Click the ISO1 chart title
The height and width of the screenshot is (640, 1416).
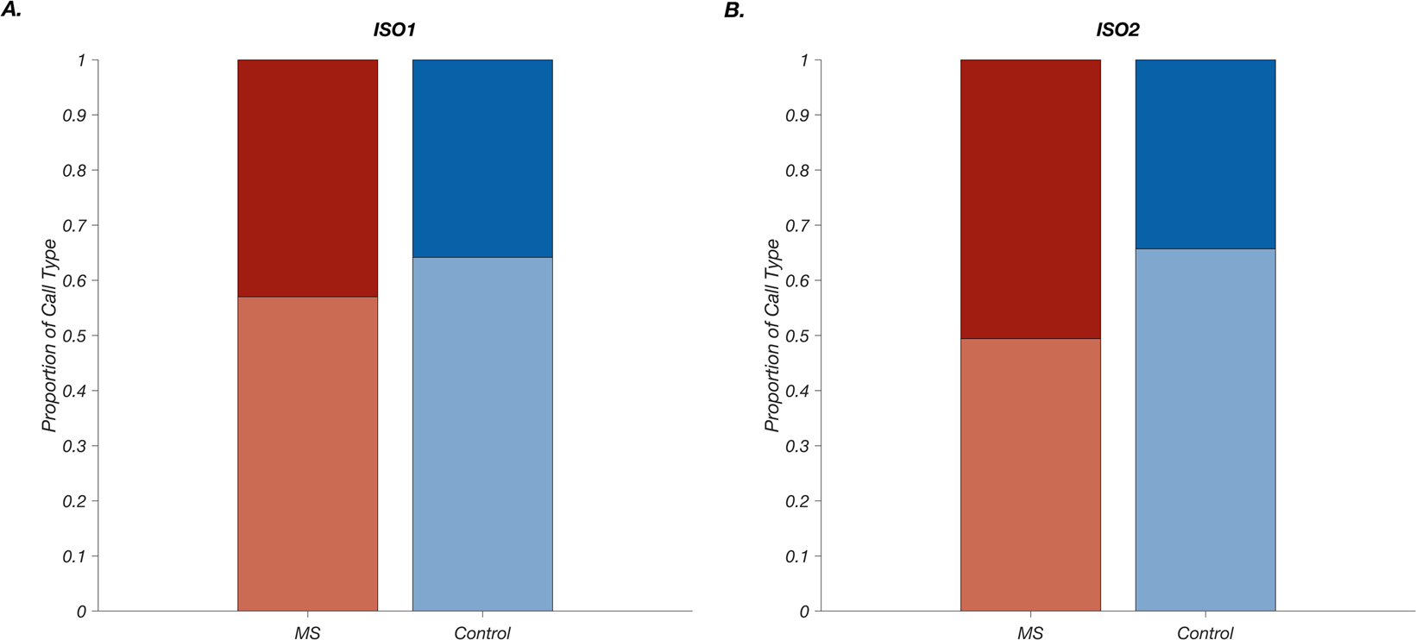tap(394, 30)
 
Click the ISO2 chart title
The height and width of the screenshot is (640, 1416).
tap(1117, 30)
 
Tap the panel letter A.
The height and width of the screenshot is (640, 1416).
tap(11, 10)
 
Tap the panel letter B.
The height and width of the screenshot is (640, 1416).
tap(734, 10)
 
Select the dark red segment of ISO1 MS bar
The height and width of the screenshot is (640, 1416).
tap(307, 178)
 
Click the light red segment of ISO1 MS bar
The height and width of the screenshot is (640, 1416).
tap(307, 454)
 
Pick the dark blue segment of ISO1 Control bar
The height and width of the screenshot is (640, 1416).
tap(482, 158)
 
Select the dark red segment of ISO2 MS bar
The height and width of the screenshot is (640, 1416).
tap(1030, 198)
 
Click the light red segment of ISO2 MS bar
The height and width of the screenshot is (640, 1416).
tap(1030, 474)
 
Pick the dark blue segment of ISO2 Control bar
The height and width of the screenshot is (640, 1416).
tap(1205, 154)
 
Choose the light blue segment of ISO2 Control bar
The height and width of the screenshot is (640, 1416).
tap(1205, 430)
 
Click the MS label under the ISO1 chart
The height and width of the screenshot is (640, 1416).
tap(307, 633)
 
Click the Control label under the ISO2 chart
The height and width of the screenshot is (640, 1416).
tap(1205, 633)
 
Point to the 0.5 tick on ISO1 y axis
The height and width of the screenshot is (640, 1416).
tap(95, 336)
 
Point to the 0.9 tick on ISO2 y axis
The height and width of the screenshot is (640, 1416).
tap(818, 115)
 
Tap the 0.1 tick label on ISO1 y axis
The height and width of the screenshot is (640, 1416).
tap(74, 556)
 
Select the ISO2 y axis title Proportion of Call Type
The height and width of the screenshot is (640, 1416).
tap(772, 336)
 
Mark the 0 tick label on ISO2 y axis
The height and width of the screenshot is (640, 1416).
tap(804, 612)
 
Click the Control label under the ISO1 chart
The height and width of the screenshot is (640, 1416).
tap(482, 633)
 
